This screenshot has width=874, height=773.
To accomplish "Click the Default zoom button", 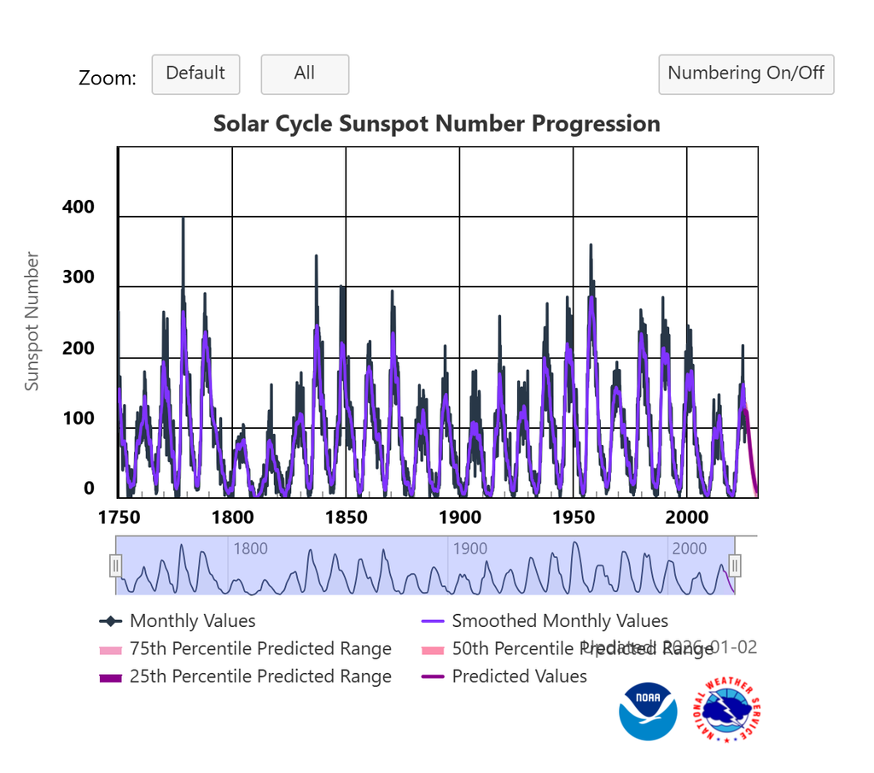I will pos(195,74).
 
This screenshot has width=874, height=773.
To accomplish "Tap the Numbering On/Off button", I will pos(746,74).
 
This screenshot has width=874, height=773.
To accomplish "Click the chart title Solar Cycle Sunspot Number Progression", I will pos(436,124).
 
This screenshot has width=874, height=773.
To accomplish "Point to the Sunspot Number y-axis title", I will pos(32,321).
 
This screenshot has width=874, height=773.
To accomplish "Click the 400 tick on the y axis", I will pos(79,208).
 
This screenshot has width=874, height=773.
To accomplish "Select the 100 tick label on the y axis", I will pos(79,419).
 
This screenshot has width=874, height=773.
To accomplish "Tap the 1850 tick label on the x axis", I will pos(347,518).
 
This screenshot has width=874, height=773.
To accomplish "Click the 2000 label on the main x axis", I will pos(686,518).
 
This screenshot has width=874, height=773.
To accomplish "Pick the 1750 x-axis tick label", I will pos(119,518).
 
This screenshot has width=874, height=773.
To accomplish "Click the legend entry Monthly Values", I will pos(192,621).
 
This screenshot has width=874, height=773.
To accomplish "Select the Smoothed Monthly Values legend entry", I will pos(559,621).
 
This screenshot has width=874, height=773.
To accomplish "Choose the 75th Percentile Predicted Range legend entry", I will pos(260,649).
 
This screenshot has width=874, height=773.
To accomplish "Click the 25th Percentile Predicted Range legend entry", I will pos(260,676).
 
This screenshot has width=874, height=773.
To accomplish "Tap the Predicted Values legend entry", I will pos(519,676).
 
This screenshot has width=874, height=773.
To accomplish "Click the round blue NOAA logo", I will pos(648,711).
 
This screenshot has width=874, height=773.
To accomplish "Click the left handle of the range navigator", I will pos(116,565).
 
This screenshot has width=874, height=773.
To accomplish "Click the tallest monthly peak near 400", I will pos(183,220).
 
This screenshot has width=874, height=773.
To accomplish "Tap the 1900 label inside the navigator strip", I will pos(469,548).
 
